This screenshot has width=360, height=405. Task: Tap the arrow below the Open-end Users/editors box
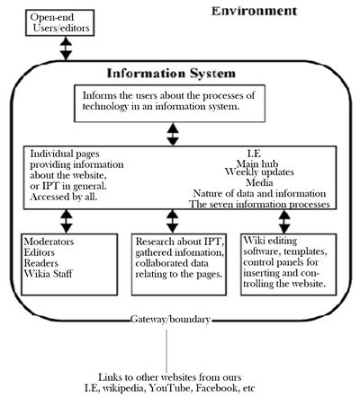[66, 48]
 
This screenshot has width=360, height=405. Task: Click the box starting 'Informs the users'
[172, 104]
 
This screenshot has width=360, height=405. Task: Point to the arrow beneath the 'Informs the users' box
[172, 134]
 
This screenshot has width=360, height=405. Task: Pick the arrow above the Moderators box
[66, 221]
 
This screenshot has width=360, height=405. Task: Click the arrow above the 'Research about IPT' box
[173, 221]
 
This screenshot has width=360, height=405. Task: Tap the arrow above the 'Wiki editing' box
[285, 221]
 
